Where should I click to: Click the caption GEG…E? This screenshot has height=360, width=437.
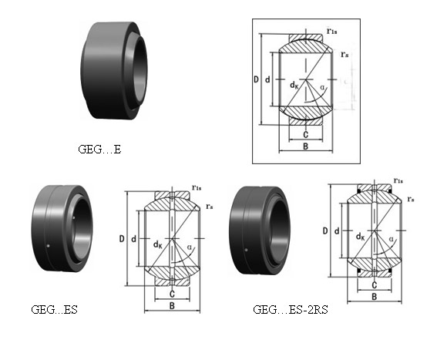99,150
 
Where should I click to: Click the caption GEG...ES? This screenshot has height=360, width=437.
54,310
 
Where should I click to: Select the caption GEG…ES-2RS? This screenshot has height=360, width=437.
290,310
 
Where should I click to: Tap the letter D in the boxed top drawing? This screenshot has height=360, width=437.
256,79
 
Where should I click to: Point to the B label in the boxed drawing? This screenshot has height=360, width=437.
305,146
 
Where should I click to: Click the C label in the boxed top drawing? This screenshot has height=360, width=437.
305,135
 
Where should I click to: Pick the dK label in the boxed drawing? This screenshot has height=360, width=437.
294,85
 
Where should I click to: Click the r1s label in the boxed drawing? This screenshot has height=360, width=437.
331,31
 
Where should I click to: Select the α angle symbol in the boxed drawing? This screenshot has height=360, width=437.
323,88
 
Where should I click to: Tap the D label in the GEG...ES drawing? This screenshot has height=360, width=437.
122,239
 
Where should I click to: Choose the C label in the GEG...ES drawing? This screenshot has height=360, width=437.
172,294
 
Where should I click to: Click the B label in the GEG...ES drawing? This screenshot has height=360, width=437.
172,305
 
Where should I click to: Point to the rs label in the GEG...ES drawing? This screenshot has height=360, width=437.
210,207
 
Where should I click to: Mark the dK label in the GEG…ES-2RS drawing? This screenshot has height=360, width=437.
361,237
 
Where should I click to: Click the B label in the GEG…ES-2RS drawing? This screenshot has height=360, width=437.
375,297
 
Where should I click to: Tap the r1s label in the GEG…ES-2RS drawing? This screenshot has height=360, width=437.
398,180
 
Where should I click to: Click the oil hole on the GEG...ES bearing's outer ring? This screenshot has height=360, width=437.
49,246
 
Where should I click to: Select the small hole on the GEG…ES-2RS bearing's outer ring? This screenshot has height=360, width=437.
246,250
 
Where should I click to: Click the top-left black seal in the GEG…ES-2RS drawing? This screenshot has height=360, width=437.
359,191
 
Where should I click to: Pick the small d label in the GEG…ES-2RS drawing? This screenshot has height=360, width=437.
337,231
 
